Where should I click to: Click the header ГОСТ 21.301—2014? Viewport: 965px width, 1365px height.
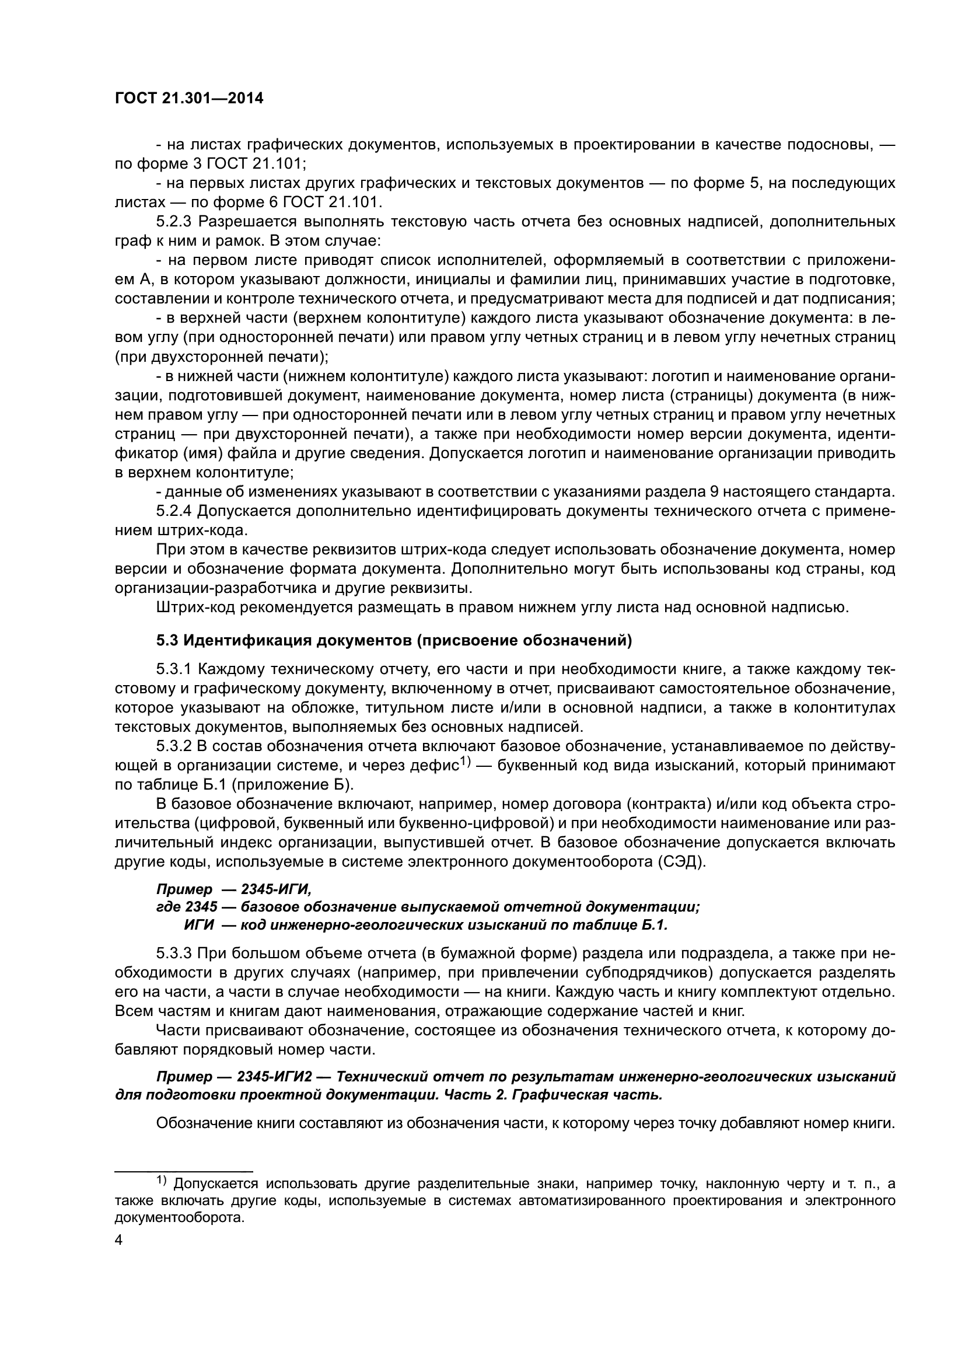pos(188,99)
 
